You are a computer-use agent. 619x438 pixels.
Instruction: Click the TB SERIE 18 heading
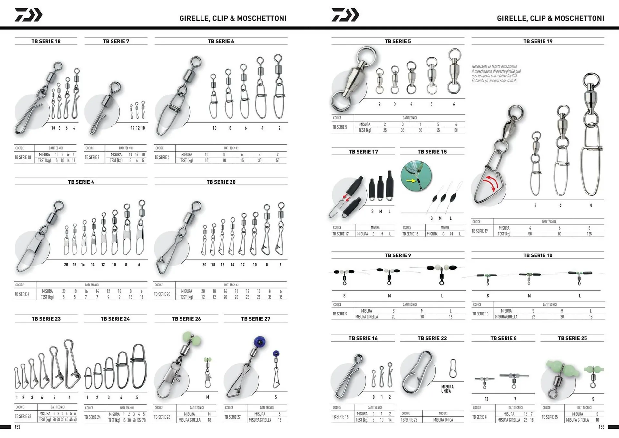pyautogui.click(x=46, y=41)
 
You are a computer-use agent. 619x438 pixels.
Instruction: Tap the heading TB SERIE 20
pyautogui.click(x=221, y=182)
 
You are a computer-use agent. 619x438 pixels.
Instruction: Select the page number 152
pyautogui.click(x=17, y=427)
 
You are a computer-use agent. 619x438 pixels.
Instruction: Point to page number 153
pyautogui.click(x=601, y=427)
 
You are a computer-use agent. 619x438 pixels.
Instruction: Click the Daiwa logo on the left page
pyautogui.click(x=28, y=15)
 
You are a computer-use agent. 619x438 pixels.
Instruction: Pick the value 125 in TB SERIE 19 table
pyautogui.click(x=589, y=234)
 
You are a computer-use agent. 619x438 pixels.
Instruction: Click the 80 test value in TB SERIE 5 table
pyautogui.click(x=456, y=130)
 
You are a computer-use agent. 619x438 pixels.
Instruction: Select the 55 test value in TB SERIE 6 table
pyautogui.click(x=277, y=160)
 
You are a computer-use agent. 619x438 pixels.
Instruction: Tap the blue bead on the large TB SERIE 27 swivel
pyautogui.click(x=260, y=341)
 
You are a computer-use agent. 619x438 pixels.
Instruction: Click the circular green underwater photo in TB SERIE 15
pyautogui.click(x=416, y=176)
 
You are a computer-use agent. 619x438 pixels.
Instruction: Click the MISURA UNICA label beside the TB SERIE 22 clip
pyautogui.click(x=447, y=389)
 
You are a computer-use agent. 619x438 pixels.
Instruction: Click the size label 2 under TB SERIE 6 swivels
pyautogui.click(x=279, y=128)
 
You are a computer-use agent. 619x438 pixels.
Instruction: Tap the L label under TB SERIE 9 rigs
pyautogui.click(x=442, y=296)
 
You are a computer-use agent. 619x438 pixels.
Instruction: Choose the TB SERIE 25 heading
pyautogui.click(x=572, y=338)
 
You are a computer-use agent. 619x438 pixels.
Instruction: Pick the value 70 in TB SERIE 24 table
pyautogui.click(x=144, y=420)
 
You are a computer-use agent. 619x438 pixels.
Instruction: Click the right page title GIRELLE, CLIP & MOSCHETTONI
pyautogui.click(x=550, y=18)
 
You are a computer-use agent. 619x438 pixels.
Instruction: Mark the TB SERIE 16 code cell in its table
pyautogui.click(x=340, y=417)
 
